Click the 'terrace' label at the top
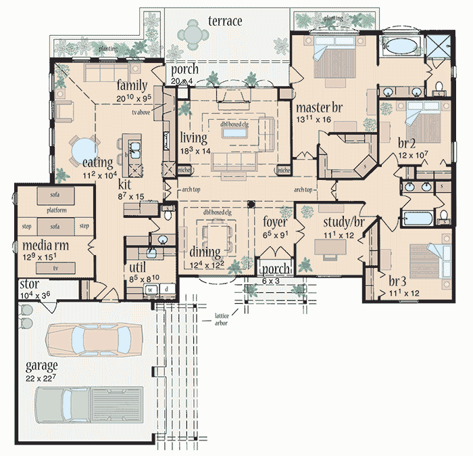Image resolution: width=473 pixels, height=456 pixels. pos(225,22)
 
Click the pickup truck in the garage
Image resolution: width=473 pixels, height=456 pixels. pos(89,408)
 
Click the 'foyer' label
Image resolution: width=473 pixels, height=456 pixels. pos(274,222)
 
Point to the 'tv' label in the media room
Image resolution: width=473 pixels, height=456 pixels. pos(55,268)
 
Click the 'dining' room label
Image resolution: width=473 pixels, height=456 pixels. pos(205,253)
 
